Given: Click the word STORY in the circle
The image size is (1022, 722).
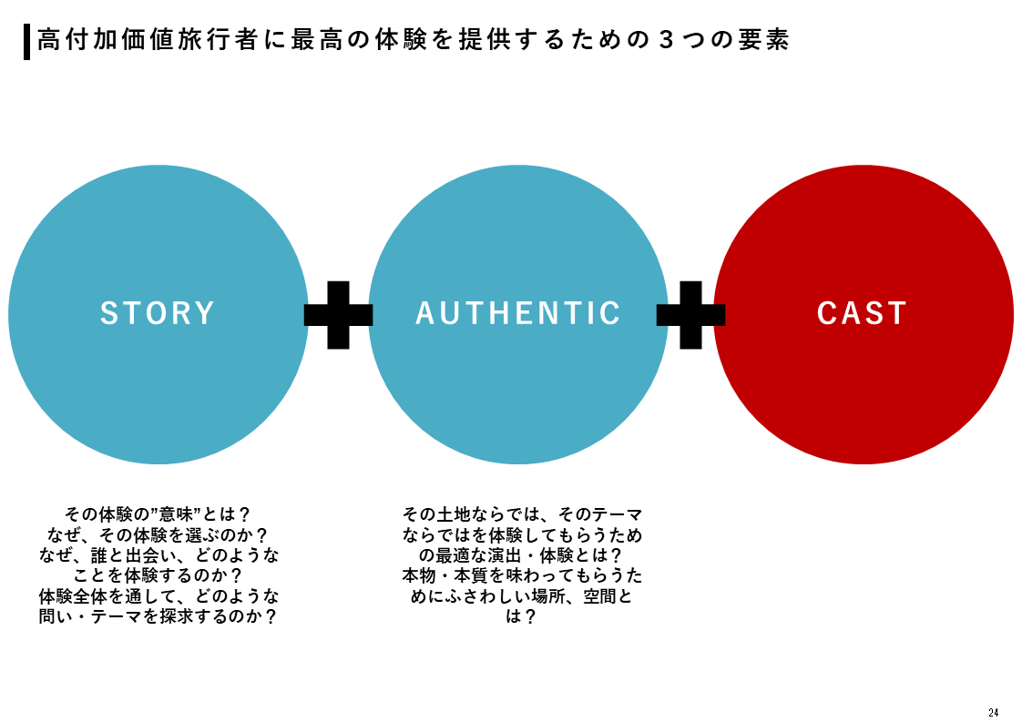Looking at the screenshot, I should [x=158, y=313].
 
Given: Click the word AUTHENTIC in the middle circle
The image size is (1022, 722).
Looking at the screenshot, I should [x=518, y=313].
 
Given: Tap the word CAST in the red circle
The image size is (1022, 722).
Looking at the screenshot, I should [x=862, y=313].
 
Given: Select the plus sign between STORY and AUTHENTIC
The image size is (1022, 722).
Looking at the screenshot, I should [x=338, y=314].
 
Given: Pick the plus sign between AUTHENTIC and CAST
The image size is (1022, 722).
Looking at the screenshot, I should [x=690, y=314].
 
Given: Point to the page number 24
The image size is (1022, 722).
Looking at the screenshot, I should [x=993, y=711].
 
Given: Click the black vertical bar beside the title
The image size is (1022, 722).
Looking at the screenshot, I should [x=26, y=42].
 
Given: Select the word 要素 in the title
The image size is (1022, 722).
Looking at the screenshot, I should [x=766, y=41].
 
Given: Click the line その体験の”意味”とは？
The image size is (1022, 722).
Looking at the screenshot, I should [x=158, y=514].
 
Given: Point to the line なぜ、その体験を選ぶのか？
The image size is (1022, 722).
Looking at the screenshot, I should [x=158, y=534].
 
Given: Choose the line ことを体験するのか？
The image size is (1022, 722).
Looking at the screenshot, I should [x=158, y=575].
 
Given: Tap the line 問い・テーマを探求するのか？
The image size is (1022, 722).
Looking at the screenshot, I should [x=158, y=617].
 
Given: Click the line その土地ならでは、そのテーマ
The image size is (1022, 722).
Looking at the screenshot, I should [x=522, y=514].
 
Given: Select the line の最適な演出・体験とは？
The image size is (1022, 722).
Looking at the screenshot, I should [x=522, y=555].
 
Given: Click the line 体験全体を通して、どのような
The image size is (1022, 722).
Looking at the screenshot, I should [x=158, y=596].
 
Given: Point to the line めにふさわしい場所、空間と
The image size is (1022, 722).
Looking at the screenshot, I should [x=522, y=596].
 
